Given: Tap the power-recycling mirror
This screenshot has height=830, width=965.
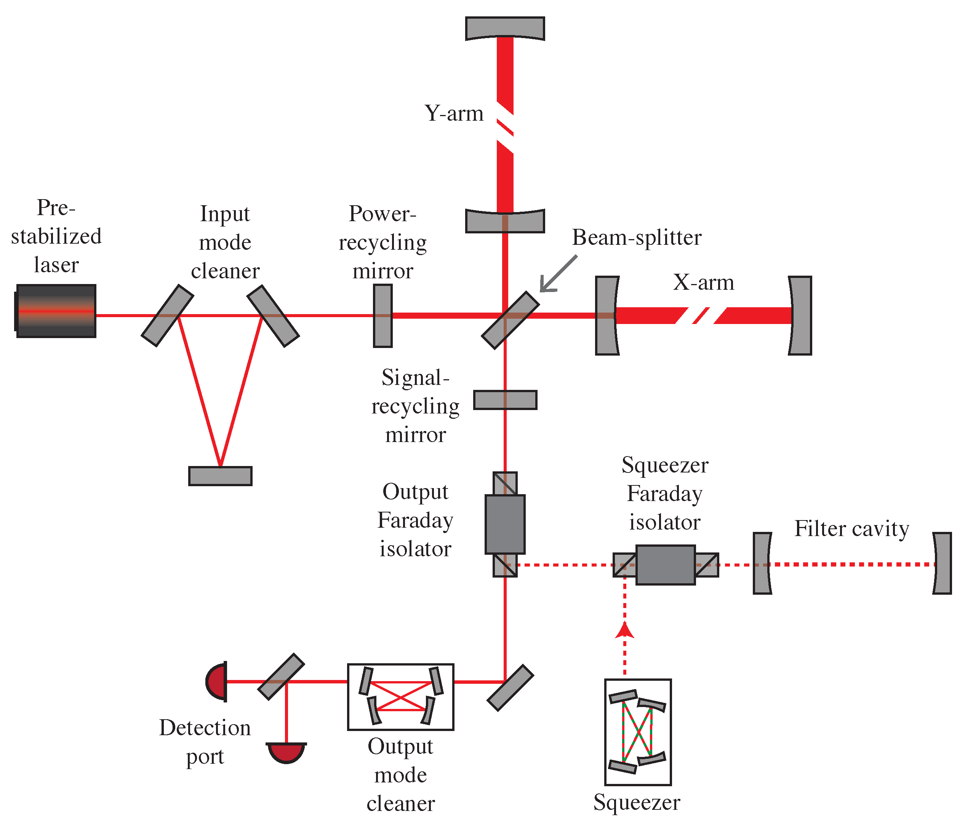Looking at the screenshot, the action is tap(383, 316).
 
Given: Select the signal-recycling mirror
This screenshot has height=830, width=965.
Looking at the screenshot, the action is tap(505, 400).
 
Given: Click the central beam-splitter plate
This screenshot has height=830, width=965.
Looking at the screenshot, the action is tap(511, 320).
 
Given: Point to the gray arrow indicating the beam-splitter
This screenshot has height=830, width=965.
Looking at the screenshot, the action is tap(559, 274).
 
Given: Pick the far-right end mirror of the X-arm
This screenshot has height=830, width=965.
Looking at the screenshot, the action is tap(800, 316).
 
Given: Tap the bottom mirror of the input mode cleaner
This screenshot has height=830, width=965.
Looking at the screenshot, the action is tap(220, 476).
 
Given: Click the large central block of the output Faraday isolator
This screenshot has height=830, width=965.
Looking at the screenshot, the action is tap(505, 524).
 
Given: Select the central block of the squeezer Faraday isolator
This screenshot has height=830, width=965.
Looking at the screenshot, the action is tap(666, 565).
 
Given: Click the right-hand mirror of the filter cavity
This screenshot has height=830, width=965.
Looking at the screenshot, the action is tap(942, 563).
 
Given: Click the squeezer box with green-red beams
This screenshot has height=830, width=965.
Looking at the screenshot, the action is tap(638, 732).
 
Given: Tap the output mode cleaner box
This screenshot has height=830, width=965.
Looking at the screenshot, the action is tap(400, 697).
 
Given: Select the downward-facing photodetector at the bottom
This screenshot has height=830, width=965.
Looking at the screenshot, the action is tap(286, 753).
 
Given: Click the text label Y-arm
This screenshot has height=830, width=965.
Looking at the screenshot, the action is tap(454, 113).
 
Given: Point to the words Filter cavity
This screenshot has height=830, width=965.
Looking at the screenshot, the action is tap(851, 528).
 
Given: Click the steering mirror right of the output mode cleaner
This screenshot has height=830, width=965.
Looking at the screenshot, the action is tap(511, 688).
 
